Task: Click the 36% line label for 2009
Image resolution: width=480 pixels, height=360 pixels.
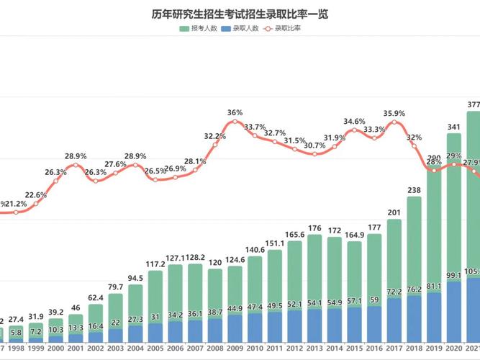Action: tap(235, 112)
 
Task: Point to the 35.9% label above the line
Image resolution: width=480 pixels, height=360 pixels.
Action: tap(394, 112)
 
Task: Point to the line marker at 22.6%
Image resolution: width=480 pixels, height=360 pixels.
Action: tap(36, 204)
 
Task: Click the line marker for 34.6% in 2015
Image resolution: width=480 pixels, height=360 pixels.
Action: tap(354, 130)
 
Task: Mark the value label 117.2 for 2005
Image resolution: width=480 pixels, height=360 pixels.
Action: tap(155, 264)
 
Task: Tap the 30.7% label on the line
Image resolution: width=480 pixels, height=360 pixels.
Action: tap(314, 145)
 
